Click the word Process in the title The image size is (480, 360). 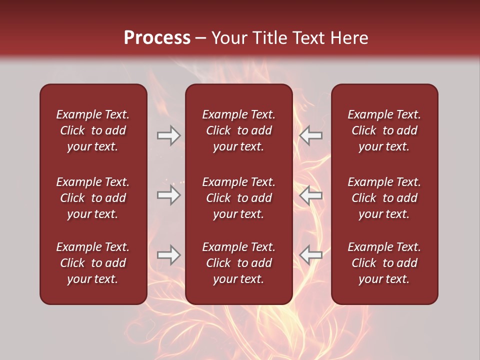click(x=157, y=38)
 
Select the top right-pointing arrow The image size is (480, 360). click(x=168, y=135)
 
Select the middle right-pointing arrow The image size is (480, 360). click(x=168, y=195)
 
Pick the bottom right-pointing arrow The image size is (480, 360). click(x=168, y=255)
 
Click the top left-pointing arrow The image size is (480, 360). click(x=311, y=135)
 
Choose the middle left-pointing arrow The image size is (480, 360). click(x=311, y=195)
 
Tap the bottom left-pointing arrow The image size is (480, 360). click(x=311, y=255)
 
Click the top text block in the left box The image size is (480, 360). click(x=93, y=130)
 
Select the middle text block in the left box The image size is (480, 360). click(x=93, y=198)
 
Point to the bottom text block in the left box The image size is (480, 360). click(x=93, y=263)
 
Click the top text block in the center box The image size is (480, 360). click(x=238, y=130)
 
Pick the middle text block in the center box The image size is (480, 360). click(x=238, y=198)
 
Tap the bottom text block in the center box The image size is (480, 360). click(x=238, y=263)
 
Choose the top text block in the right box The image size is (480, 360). click(x=384, y=130)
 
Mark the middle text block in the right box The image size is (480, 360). click(x=384, y=198)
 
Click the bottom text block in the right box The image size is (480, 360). click(x=384, y=263)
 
